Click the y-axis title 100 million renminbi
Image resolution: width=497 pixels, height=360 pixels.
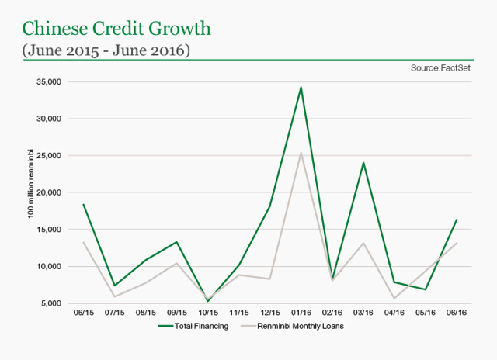(x=32, y=192)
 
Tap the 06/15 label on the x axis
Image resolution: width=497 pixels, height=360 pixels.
(x=83, y=314)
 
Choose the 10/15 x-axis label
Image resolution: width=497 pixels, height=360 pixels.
(x=207, y=314)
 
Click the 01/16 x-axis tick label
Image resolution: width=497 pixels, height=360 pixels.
(x=301, y=314)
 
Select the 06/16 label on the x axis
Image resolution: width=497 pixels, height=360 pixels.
(x=456, y=314)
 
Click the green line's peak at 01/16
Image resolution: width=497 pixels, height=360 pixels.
(x=301, y=87)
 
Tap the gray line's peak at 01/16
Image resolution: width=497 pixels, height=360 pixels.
(x=301, y=152)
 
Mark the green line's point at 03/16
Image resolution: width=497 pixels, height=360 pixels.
(x=363, y=163)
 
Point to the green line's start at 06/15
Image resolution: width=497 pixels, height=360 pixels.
(x=83, y=204)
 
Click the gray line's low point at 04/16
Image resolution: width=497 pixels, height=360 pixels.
(x=394, y=299)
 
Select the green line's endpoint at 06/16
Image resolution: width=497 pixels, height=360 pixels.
(x=456, y=220)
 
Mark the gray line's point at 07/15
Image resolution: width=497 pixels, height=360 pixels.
(x=114, y=296)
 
